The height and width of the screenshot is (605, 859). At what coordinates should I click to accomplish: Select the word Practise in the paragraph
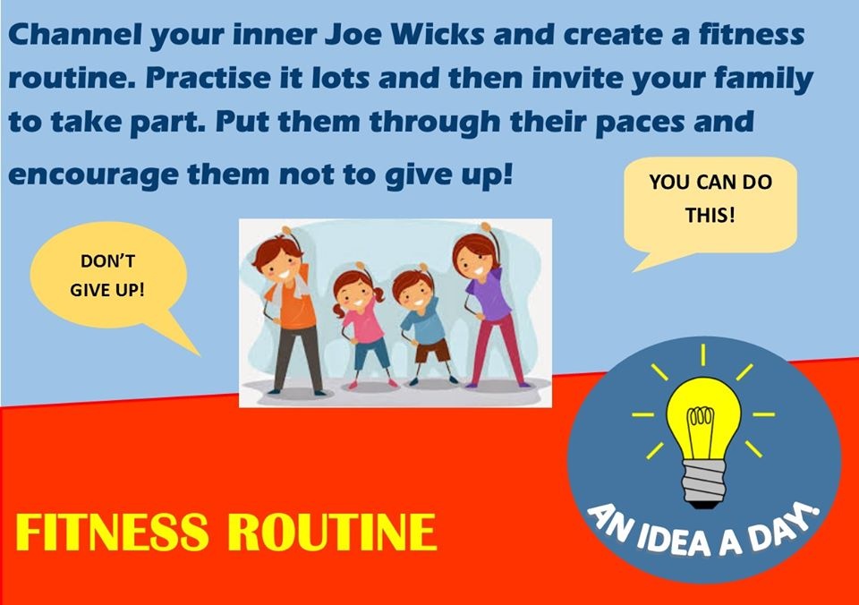click(x=208, y=78)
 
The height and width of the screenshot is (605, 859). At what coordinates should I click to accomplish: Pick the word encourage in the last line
click(x=93, y=176)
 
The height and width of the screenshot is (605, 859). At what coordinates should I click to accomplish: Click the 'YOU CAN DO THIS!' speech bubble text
click(x=710, y=199)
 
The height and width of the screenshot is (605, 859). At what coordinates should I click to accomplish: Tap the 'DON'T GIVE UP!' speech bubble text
click(x=107, y=275)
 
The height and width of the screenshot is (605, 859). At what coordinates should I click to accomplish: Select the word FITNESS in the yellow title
click(x=112, y=532)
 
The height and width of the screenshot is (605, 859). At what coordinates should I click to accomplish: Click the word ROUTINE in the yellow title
click(x=332, y=532)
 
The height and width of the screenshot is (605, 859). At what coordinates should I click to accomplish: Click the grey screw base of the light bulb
click(x=704, y=482)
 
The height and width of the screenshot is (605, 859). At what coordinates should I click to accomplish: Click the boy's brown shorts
click(x=432, y=351)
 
